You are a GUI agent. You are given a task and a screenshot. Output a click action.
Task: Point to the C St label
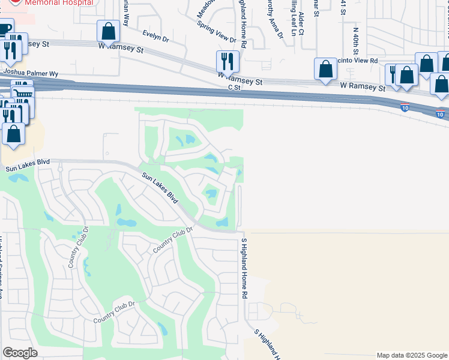[234, 87]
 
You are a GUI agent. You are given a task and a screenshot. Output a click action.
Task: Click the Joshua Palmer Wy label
[31, 73]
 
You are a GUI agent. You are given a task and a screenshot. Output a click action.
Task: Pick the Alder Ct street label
[301, 23]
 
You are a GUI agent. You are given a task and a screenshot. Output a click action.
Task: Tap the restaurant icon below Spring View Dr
[228, 61]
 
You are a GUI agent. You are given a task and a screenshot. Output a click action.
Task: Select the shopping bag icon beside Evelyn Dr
[108, 31]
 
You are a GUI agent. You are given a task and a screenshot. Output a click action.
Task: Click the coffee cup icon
[5, 29]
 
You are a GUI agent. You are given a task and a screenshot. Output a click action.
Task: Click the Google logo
[20, 353]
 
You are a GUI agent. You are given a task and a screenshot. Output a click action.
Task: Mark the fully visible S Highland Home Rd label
[244, 269]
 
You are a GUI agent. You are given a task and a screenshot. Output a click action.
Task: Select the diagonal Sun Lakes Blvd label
[161, 188]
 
